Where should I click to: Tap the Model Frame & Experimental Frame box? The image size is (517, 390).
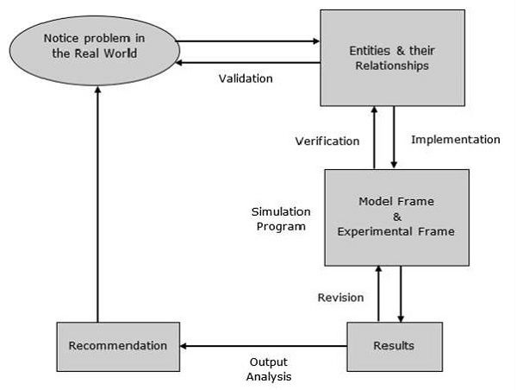click(397, 217)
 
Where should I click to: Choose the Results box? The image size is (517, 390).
click(394, 346)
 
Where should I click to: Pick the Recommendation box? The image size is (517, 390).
click(119, 346)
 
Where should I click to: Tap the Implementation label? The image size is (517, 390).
click(455, 139)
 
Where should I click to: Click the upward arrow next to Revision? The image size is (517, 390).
click(378, 293)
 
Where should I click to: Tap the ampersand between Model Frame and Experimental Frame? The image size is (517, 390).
click(397, 217)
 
